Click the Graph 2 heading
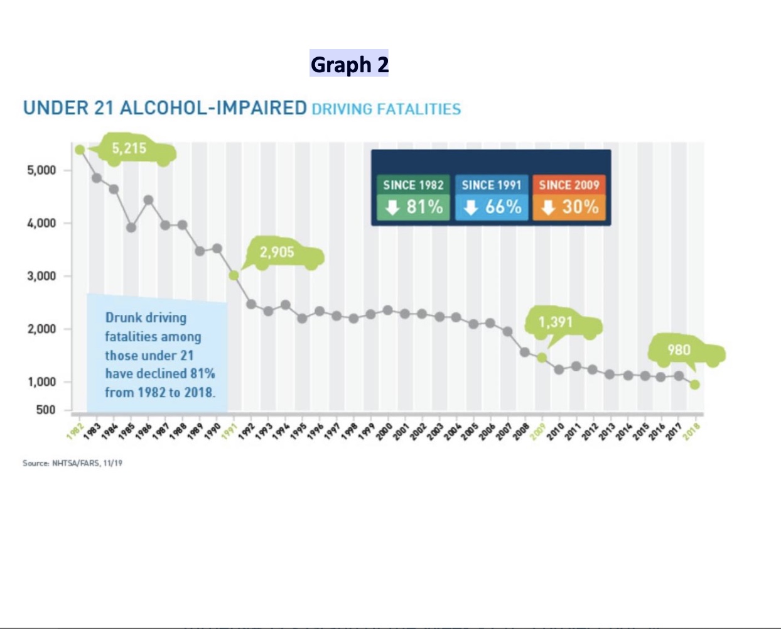click(349, 64)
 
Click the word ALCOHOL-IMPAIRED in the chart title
click(213, 108)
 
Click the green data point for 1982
click(80, 150)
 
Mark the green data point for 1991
click(234, 275)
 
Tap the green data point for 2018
click(695, 385)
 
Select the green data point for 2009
click(541, 357)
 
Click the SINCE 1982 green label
click(413, 185)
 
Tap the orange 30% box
click(569, 207)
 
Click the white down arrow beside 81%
click(392, 207)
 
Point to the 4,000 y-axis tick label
click(41, 223)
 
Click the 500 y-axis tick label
click(46, 410)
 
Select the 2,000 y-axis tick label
click(41, 329)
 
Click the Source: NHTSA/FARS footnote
click(73, 463)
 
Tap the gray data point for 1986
click(148, 200)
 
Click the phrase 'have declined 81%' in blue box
click(160, 373)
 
